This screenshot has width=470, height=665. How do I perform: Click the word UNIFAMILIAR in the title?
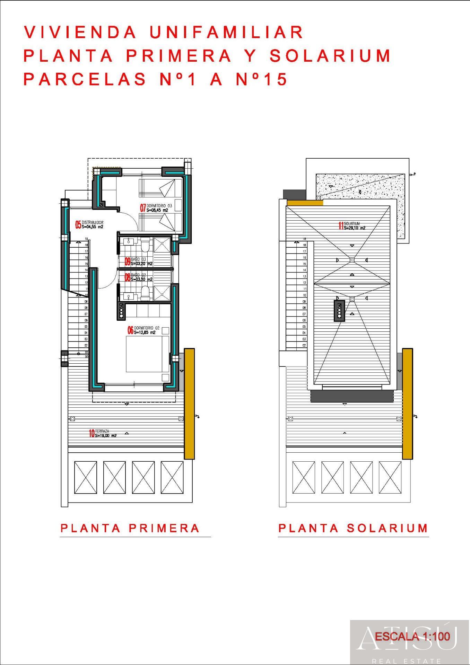(x=227, y=33)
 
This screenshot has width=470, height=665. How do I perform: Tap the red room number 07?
(x=142, y=208)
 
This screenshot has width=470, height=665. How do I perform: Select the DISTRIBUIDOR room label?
(x=92, y=223)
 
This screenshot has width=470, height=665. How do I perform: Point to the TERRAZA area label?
(x=102, y=431)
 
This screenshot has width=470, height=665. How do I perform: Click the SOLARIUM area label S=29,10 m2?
(x=355, y=228)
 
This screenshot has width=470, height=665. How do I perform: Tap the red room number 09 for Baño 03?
(x=127, y=261)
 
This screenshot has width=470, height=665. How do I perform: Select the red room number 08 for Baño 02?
(x=127, y=277)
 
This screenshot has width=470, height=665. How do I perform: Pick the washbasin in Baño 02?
(x=129, y=296)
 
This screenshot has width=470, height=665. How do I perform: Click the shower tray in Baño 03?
(x=162, y=245)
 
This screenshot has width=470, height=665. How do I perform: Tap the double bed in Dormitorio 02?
(x=147, y=353)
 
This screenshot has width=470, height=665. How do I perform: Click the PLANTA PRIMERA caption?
(x=130, y=528)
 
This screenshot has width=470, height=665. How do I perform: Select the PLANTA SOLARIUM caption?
(x=353, y=528)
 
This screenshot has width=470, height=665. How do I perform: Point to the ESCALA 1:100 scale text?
(x=412, y=636)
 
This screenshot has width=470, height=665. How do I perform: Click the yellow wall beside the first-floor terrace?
(x=189, y=404)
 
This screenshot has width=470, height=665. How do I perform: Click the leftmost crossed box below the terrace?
(x=86, y=477)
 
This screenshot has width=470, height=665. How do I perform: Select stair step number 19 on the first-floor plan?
(x=86, y=239)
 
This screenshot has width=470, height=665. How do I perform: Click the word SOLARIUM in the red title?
(x=330, y=56)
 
